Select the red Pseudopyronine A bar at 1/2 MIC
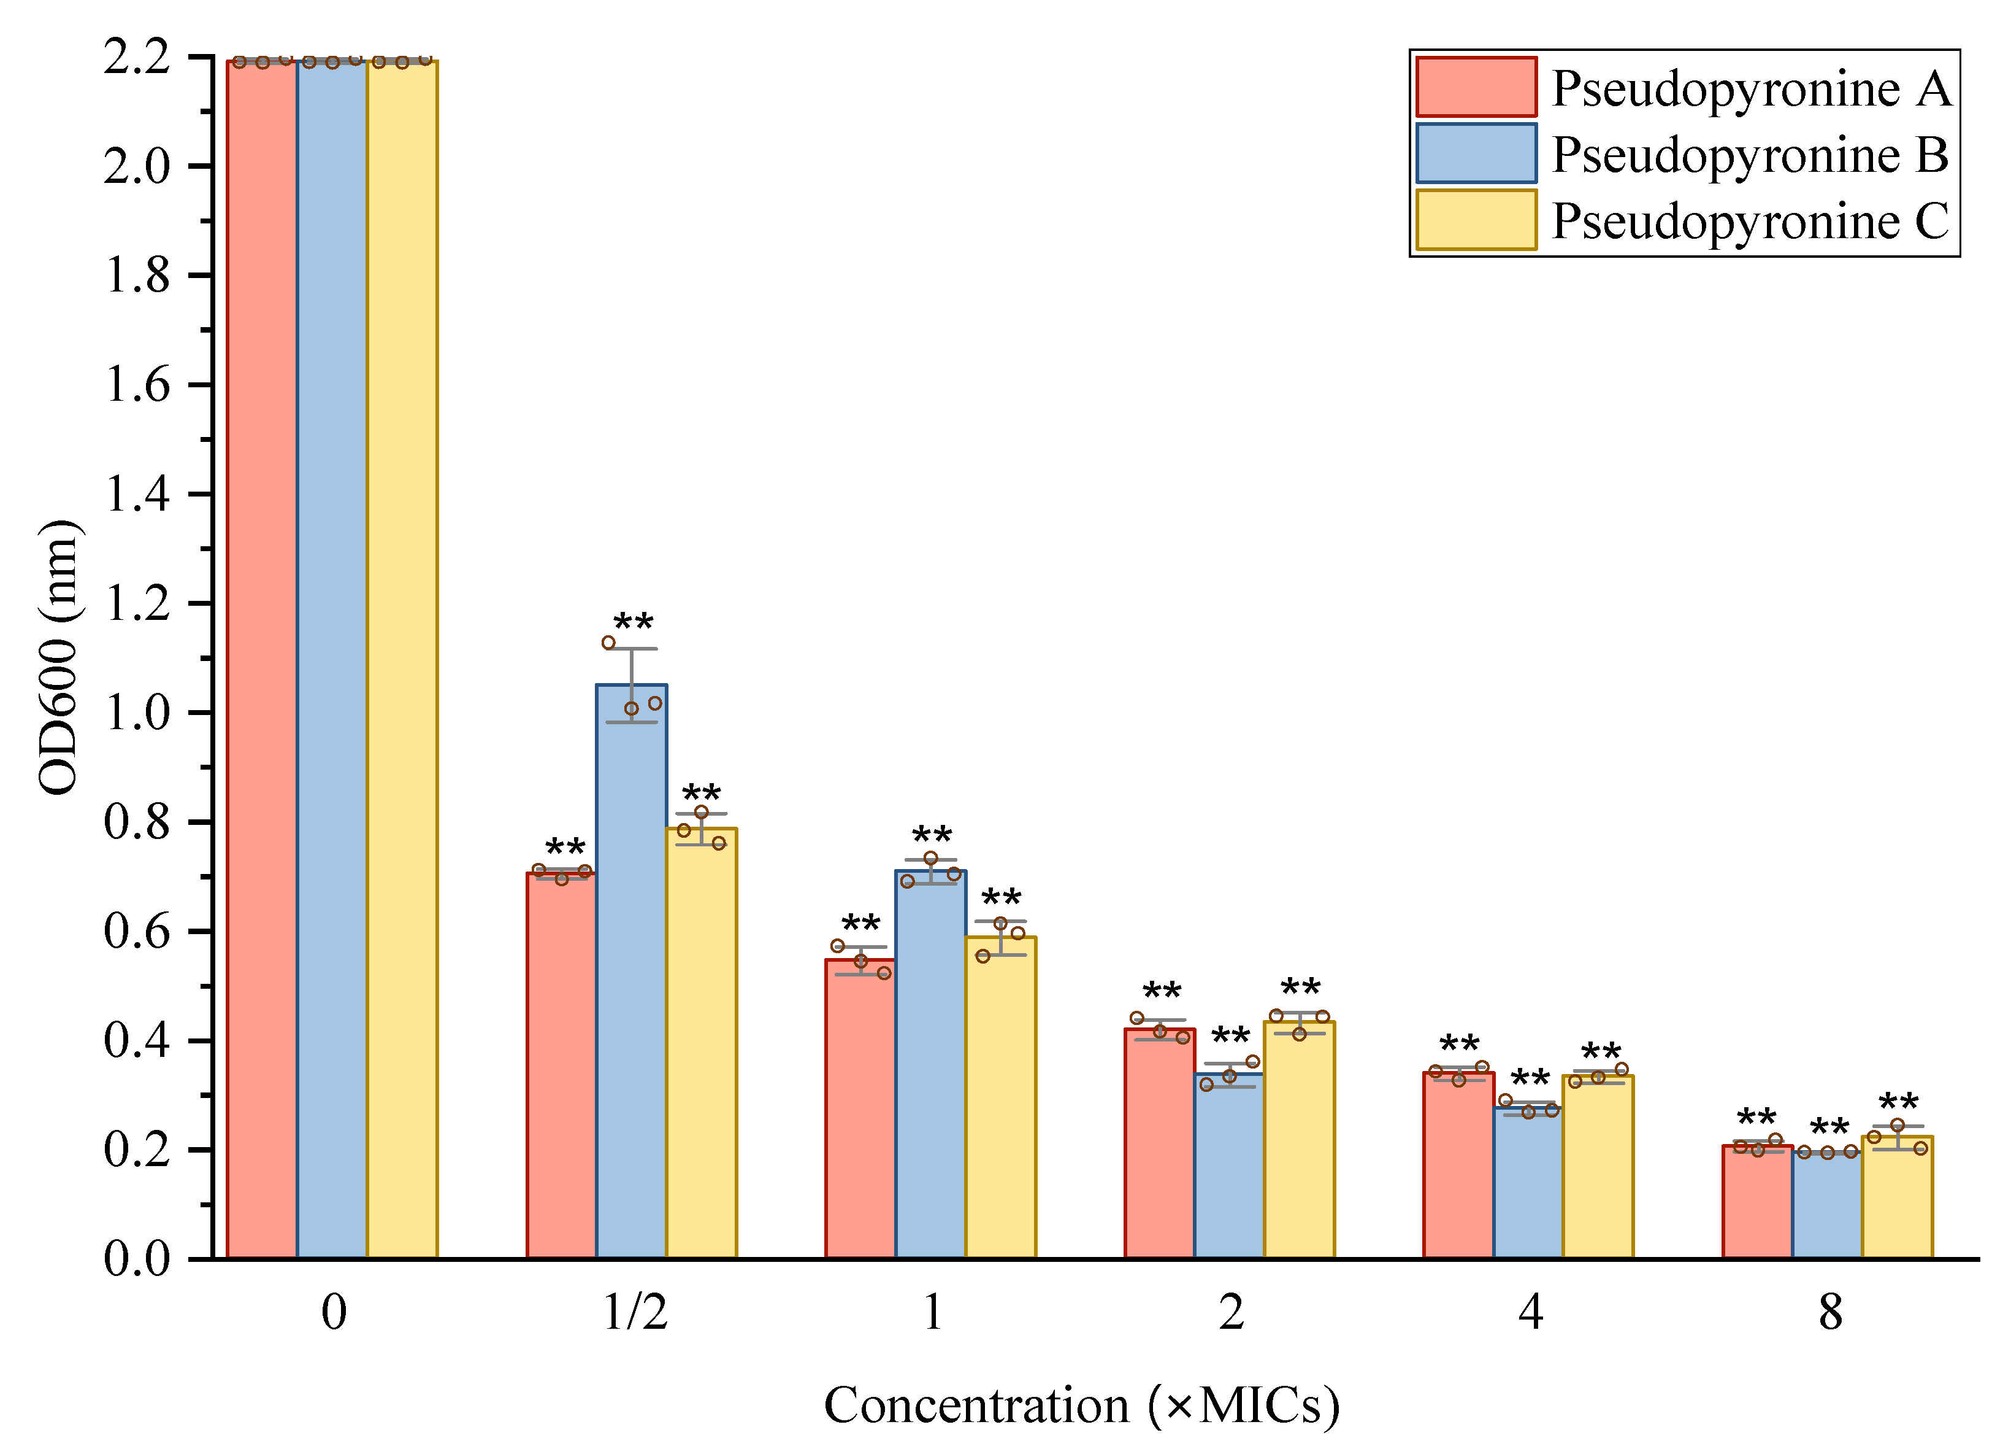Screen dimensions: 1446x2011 [x=561, y=1064]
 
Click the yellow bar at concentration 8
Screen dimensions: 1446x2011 [x=1896, y=1197]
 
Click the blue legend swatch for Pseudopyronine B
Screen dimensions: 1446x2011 [x=1476, y=153]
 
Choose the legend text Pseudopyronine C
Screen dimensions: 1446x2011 [x=1751, y=221]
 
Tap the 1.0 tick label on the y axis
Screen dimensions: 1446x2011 [x=137, y=713]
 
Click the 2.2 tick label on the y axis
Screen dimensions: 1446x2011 [x=137, y=58]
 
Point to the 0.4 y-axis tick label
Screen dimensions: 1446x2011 [x=137, y=1040]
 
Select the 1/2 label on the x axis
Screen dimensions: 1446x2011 [x=634, y=1312]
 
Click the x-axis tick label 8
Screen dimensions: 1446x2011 [x=1830, y=1312]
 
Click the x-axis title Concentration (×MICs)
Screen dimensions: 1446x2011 [x=1082, y=1405]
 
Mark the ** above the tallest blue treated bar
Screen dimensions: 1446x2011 [x=633, y=622]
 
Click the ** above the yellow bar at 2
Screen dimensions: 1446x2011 [x=1300, y=988]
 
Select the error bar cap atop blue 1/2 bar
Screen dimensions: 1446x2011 [x=631, y=649]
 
